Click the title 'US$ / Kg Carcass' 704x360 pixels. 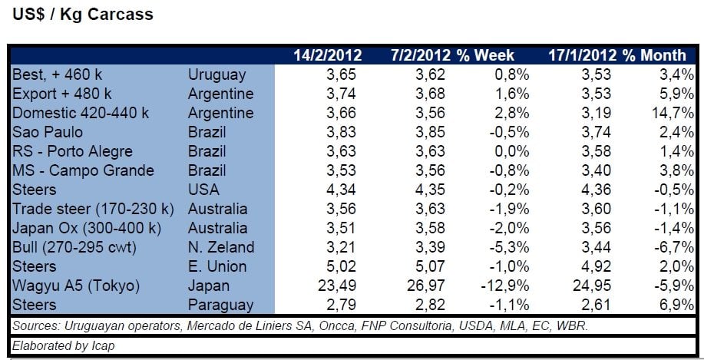tap(83, 15)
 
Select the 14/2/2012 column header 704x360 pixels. tap(328, 55)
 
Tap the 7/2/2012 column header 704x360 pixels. tap(421, 55)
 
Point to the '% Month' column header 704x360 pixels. tap(654, 55)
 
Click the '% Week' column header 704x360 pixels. tap(485, 55)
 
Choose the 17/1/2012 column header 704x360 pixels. tap(583, 55)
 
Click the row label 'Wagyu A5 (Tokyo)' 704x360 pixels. tap(76, 286)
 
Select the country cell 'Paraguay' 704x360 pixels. tap(220, 306)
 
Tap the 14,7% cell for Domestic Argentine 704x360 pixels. tap(673, 113)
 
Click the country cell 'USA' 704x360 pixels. tap(203, 190)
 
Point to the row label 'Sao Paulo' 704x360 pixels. tap(48, 132)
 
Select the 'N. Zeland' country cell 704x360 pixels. tap(221, 247)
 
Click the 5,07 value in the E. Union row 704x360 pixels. tap(430, 266)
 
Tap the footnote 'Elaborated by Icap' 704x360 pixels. tap(63, 345)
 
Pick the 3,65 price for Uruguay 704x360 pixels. tap(341, 74)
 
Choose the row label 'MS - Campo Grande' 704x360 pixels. tap(83, 170)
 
